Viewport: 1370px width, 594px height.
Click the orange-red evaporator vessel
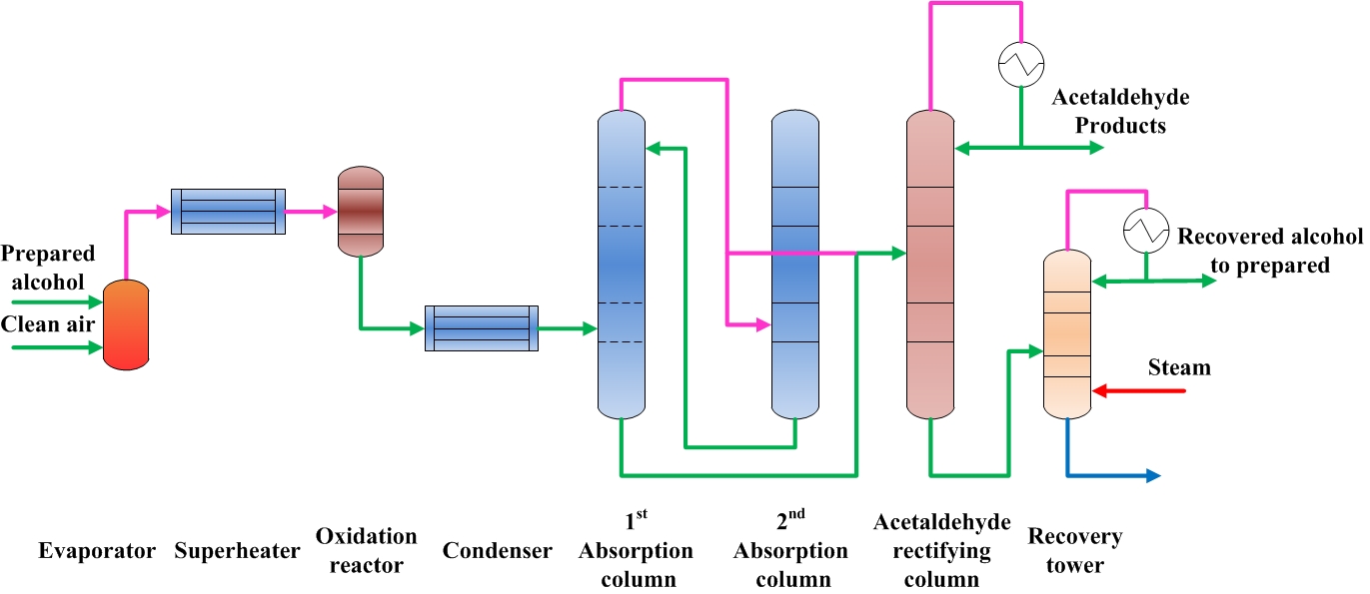(126, 324)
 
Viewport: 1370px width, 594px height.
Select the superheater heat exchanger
(228, 212)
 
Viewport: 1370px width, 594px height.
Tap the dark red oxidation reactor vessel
(360, 211)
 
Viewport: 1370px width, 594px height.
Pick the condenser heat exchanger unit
(482, 327)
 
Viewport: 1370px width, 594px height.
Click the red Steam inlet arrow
(1139, 390)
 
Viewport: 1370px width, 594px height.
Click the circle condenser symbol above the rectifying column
(1020, 65)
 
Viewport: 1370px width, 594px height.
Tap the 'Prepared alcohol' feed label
(48, 268)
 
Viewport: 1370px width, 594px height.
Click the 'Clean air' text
(48, 324)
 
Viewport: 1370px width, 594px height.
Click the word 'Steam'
(1179, 367)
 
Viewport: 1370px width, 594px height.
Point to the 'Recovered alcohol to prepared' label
(1269, 251)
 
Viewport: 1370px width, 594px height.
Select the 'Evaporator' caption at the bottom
(97, 551)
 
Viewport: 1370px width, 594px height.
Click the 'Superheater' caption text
(237, 551)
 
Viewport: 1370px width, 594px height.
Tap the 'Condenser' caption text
(497, 551)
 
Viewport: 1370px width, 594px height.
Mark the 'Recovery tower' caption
(1075, 551)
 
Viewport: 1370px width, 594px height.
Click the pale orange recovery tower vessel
(1067, 333)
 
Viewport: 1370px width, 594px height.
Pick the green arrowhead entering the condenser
(418, 327)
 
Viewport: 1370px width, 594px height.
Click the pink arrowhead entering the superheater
(163, 211)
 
